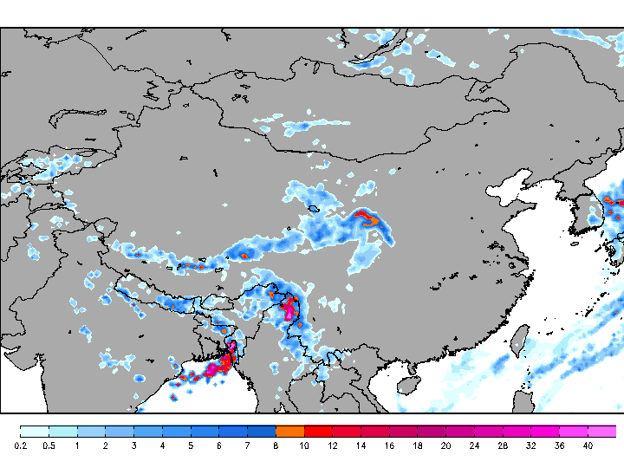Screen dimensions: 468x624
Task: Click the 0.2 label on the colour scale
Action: (19, 445)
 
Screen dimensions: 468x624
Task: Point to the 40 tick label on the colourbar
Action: (588, 445)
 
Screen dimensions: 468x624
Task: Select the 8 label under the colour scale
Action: (276, 445)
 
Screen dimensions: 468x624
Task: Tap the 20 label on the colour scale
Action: (445, 445)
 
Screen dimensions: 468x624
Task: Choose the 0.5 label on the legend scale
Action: (49, 445)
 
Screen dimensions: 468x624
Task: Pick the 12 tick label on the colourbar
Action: (332, 445)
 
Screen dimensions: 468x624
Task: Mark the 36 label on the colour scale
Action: (559, 445)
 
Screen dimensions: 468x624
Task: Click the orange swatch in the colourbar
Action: (289, 431)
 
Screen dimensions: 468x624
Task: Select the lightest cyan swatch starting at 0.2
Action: (34, 431)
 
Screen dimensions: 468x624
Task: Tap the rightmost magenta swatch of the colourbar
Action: (601, 431)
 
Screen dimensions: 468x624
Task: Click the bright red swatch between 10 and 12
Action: (318, 431)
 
